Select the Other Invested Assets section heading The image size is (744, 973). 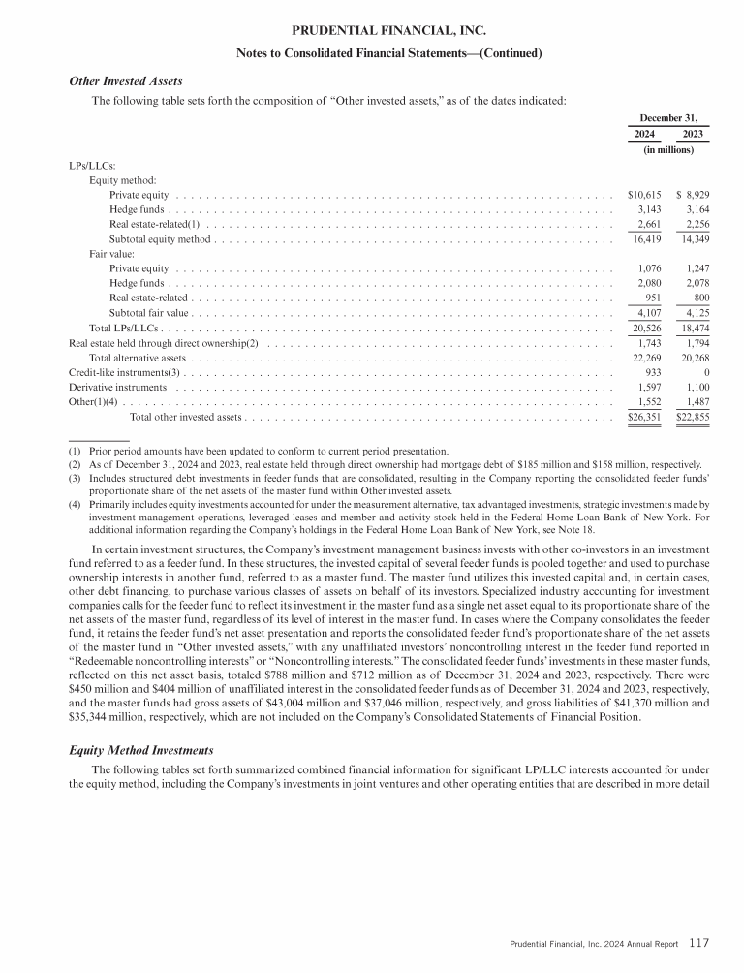[x=125, y=80]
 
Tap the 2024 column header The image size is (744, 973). [x=643, y=134]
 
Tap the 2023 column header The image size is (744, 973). [x=694, y=134]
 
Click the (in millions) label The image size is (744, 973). [x=668, y=150]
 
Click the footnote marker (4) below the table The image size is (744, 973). [x=75, y=504]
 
